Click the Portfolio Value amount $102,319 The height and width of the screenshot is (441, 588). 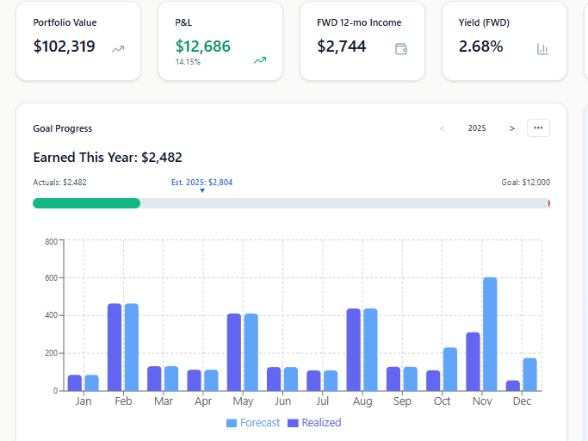(x=64, y=47)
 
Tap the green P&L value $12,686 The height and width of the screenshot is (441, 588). (x=203, y=47)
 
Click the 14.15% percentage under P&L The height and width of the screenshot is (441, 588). (x=188, y=62)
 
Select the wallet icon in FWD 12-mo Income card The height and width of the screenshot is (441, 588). (x=400, y=49)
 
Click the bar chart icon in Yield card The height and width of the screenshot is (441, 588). (x=542, y=49)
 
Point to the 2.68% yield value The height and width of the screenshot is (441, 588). (x=480, y=47)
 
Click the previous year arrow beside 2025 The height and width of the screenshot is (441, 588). (x=443, y=128)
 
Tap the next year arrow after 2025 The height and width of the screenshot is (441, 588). (x=512, y=128)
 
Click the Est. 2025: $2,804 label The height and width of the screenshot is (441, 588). (x=202, y=183)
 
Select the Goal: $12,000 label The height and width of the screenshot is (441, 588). (x=525, y=183)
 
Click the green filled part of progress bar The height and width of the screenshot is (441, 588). (x=86, y=203)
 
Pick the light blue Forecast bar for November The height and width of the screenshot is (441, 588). (x=490, y=333)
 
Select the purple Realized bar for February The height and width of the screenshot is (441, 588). (x=115, y=346)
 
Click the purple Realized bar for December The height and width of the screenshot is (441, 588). (x=513, y=385)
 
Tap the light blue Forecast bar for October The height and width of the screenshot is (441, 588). (x=449, y=369)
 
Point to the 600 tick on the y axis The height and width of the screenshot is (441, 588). (x=50, y=278)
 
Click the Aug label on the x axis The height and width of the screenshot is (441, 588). (x=362, y=401)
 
